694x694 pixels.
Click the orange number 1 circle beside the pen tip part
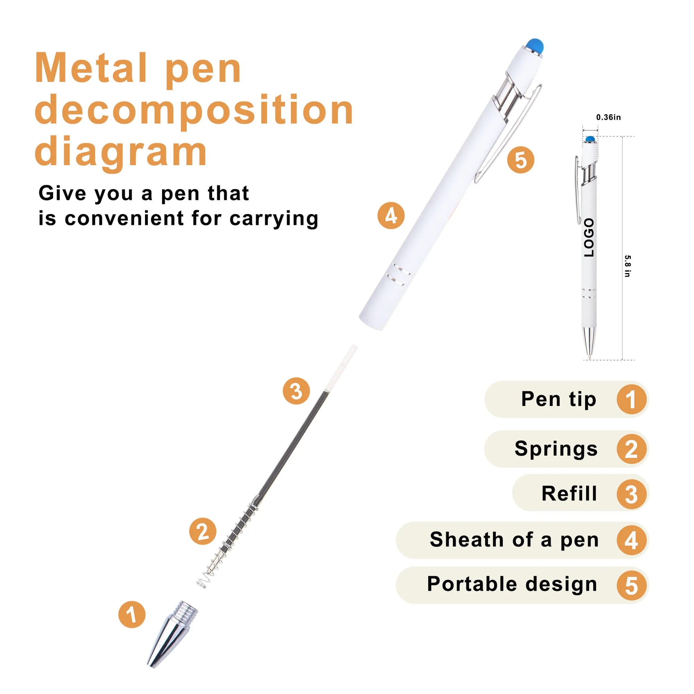click(x=132, y=615)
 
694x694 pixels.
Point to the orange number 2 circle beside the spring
click(x=203, y=531)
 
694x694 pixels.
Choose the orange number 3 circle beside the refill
click(x=296, y=391)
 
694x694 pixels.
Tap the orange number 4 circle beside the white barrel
click(x=391, y=216)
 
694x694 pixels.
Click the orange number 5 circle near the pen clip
click(x=520, y=160)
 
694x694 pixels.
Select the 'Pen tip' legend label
click(x=559, y=399)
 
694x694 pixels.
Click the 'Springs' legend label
click(x=556, y=449)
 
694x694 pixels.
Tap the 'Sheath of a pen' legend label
click(x=514, y=540)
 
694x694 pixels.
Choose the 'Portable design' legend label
click(x=512, y=584)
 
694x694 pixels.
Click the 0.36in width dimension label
click(x=609, y=117)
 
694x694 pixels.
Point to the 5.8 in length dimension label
click(x=627, y=266)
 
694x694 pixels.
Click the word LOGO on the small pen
click(x=589, y=237)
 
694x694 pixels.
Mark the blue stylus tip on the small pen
click(x=590, y=139)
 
